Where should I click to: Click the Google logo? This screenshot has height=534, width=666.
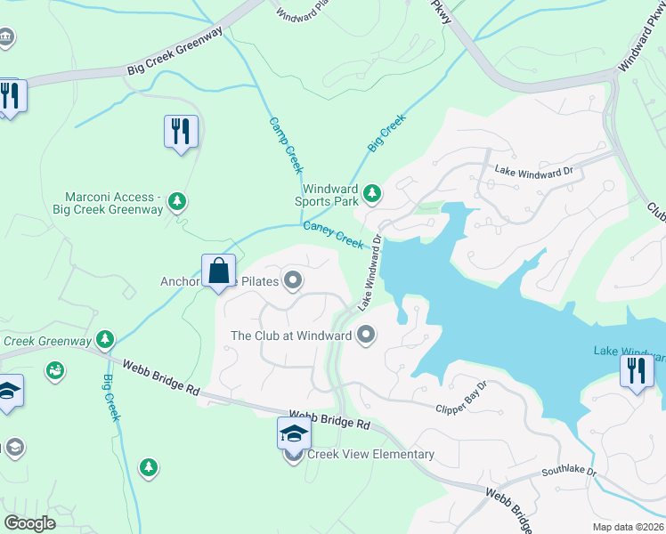[29, 523]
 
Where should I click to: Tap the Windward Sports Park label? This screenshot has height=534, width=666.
[329, 196]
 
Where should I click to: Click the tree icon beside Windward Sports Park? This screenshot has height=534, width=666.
[372, 190]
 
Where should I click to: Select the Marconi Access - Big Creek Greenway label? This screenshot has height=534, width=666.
[114, 203]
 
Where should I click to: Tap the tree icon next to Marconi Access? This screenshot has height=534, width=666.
[177, 201]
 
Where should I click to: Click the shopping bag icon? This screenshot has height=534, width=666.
[219, 270]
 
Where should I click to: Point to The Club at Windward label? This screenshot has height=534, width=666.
[290, 336]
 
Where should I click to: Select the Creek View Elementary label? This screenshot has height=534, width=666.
[370, 454]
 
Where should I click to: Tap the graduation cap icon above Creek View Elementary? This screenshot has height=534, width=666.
[294, 433]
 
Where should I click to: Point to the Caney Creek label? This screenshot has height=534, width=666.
[334, 236]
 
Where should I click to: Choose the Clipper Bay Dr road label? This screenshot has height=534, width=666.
[461, 399]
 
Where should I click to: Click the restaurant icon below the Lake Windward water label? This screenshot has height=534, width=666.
[636, 370]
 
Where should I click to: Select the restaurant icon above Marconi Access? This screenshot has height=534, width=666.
[182, 132]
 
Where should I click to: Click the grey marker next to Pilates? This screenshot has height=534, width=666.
[292, 282]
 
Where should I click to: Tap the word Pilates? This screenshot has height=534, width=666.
[259, 283]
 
